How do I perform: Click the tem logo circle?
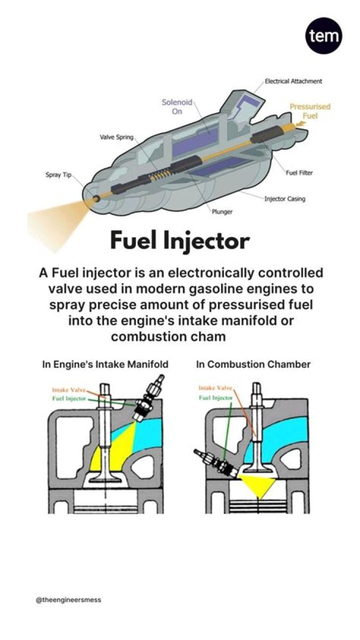[x=323, y=36]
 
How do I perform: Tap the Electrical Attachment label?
[x=293, y=81]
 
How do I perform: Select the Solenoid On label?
[x=177, y=107]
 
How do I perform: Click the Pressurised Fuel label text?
[x=309, y=111]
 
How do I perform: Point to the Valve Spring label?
[x=115, y=137]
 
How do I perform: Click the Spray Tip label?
[x=59, y=175]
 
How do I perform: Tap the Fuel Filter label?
[x=299, y=173]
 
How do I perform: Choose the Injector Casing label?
[x=284, y=199]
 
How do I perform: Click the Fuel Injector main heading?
[x=179, y=241]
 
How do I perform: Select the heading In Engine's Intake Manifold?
[x=105, y=364]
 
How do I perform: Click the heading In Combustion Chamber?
[x=253, y=364]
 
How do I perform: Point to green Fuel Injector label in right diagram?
[x=215, y=397]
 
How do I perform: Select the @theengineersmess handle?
[x=68, y=599]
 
